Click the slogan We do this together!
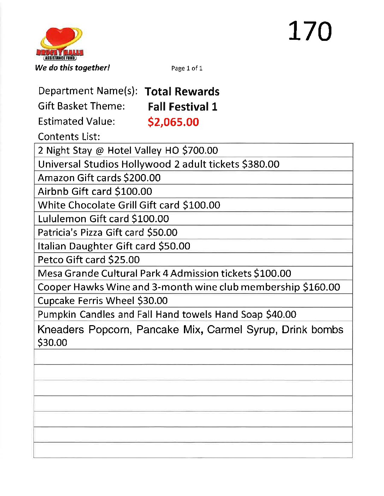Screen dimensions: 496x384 point(72,68)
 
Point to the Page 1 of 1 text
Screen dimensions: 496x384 point(187,68)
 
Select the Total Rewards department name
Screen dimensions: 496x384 point(182,92)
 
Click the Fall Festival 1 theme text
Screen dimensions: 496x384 point(182,107)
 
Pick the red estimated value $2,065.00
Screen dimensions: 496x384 point(173,122)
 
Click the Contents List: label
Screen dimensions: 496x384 point(69,137)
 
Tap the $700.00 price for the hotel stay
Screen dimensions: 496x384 point(200,150)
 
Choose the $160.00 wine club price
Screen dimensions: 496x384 point(322,287)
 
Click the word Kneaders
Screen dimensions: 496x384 point(61,330)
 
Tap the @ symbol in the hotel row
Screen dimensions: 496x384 point(100,151)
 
